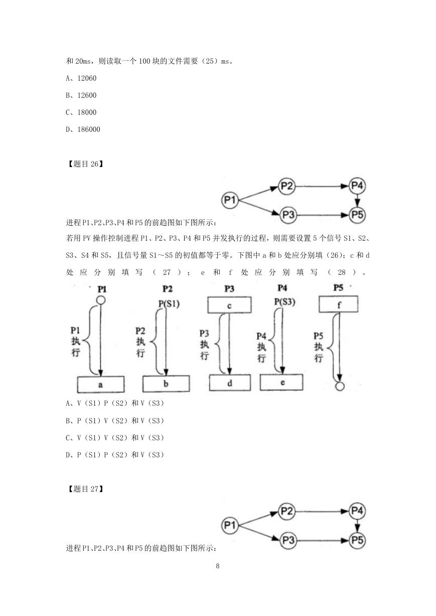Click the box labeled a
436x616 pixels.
(x=101, y=384)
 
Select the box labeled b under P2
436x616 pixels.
(x=166, y=383)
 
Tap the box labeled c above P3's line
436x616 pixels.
(x=229, y=305)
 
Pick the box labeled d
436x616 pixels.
(x=230, y=383)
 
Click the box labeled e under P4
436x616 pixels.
(x=281, y=382)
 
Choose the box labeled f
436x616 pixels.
(x=338, y=304)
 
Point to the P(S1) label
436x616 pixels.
(x=169, y=303)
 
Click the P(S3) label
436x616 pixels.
(x=284, y=301)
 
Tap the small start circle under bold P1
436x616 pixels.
(x=101, y=300)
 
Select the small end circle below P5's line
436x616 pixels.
(x=340, y=386)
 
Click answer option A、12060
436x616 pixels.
(x=81, y=78)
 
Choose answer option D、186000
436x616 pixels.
(x=83, y=129)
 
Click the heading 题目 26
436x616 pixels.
(x=85, y=164)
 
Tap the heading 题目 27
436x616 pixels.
(x=85, y=489)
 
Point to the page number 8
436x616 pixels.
(x=218, y=566)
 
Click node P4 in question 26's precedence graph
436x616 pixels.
(x=357, y=186)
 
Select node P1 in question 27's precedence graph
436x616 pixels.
(x=230, y=525)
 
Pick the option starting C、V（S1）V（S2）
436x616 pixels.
(x=115, y=437)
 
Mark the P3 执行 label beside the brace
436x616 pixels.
(x=204, y=345)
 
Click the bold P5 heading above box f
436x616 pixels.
(x=338, y=288)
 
